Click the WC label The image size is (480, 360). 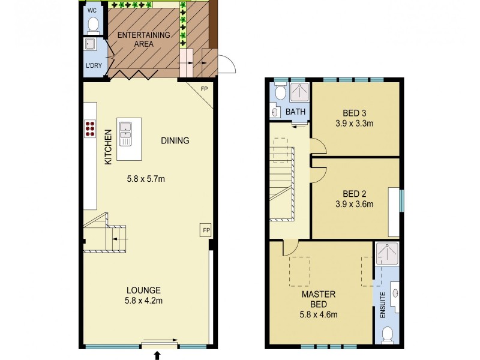[x=92, y=11]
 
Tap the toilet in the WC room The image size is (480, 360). [x=93, y=25]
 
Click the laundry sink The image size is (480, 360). [x=91, y=45]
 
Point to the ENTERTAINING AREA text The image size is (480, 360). [x=143, y=39]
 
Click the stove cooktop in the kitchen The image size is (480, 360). [x=91, y=129]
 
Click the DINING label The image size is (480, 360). [x=175, y=141]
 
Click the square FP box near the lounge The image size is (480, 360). [x=205, y=230]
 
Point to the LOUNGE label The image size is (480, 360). [x=143, y=290]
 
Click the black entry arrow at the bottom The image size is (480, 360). [x=158, y=356]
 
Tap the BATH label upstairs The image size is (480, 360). [x=295, y=112]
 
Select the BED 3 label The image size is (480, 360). [x=355, y=113]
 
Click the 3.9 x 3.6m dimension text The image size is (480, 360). [x=355, y=204]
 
